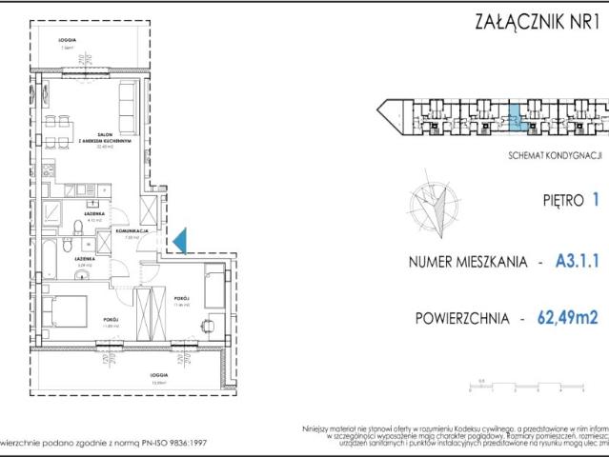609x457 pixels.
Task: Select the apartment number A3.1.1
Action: click(576, 260)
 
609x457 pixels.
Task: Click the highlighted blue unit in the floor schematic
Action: click(514, 119)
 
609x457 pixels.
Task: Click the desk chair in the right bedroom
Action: click(208, 326)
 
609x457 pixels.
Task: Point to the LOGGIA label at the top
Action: click(66, 40)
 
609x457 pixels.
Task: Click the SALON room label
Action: click(112, 135)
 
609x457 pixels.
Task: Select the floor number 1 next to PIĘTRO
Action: click(595, 201)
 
